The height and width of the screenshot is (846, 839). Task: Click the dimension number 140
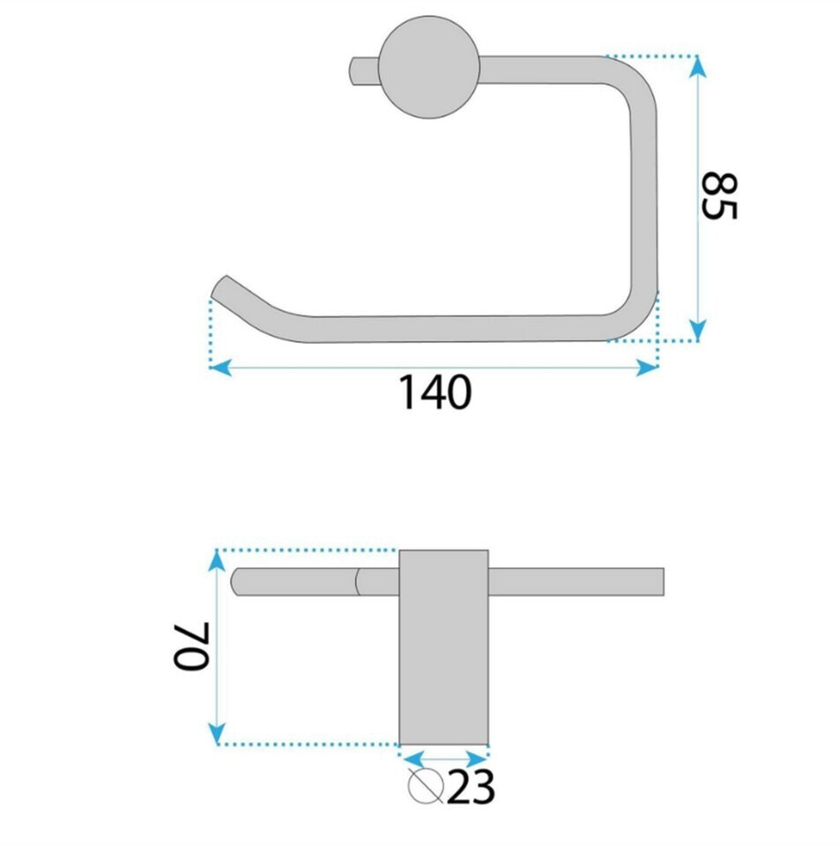pyautogui.click(x=434, y=392)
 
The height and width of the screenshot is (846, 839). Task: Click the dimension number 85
pyautogui.click(x=718, y=196)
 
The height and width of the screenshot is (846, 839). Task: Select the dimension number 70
pyautogui.click(x=191, y=646)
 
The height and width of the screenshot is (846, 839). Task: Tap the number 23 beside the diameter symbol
pyautogui.click(x=471, y=787)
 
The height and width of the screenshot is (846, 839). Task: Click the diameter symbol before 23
pyautogui.click(x=425, y=785)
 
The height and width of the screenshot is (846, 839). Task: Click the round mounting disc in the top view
pyautogui.click(x=429, y=68)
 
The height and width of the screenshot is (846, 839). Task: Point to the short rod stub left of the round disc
pyautogui.click(x=365, y=70)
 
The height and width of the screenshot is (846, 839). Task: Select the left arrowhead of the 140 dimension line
pyautogui.click(x=220, y=367)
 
